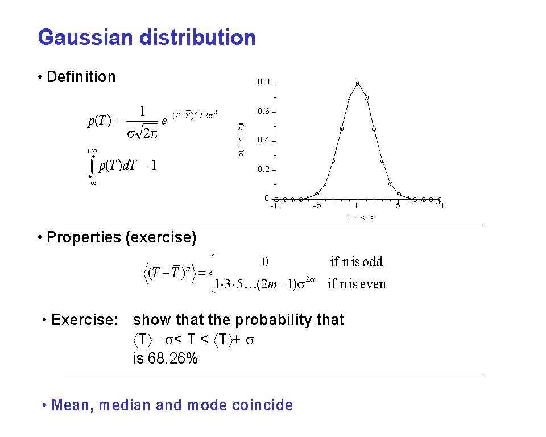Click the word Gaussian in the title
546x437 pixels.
pos(85,38)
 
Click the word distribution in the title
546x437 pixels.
pos(197,38)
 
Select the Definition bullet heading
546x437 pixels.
pos(81,77)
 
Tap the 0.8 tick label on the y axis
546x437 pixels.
pos(263,81)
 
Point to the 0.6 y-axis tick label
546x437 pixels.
pos(263,111)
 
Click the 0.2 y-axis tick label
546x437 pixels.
pos(263,170)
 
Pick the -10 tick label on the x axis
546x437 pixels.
pos(276,205)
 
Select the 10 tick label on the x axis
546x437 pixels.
pos(440,205)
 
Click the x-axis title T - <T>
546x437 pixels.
pos(361,217)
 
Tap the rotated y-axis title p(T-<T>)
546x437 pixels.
pos(241,140)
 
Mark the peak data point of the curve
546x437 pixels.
pos(358,83)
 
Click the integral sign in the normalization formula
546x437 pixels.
pos(92,166)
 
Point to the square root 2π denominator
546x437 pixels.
pos(146,133)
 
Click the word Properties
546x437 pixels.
pos(84,237)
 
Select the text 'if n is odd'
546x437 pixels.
pos(356,261)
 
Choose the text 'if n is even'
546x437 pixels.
pos(357,284)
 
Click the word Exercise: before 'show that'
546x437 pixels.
pos(85,320)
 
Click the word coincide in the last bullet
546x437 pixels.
pos(263,405)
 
